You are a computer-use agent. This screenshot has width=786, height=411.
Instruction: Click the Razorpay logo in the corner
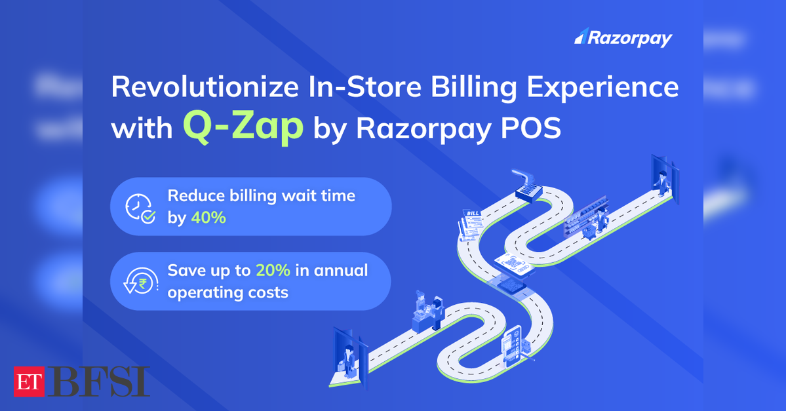tap(623, 37)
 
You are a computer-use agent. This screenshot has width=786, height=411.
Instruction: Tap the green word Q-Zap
tap(243, 127)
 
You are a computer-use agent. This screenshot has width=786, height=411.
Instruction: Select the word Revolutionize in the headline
tap(205, 87)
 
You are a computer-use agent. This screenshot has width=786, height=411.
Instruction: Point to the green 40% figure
tap(208, 218)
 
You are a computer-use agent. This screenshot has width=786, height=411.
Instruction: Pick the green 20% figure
tap(273, 270)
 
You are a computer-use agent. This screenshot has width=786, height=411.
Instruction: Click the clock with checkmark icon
tap(140, 208)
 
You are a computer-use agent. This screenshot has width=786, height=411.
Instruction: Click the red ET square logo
tap(29, 382)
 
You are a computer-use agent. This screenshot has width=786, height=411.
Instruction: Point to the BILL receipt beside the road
tap(471, 225)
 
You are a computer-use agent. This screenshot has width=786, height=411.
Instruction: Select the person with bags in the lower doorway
tap(348, 361)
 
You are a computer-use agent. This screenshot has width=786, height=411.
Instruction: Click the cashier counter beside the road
tap(429, 313)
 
